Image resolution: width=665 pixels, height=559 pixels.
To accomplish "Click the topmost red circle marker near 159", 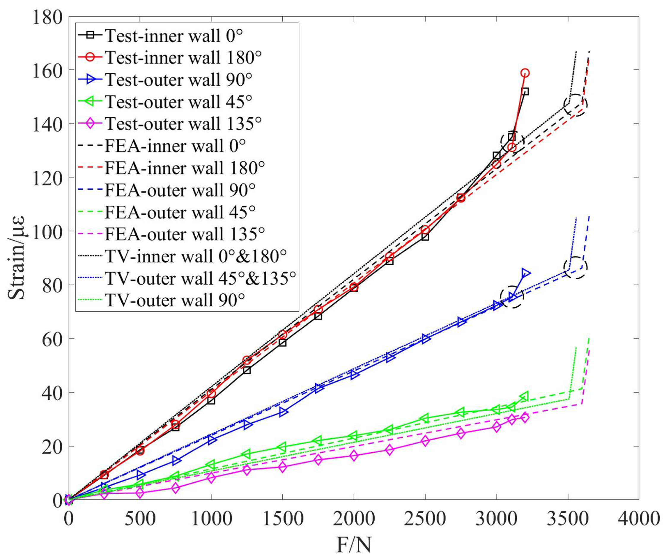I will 525,73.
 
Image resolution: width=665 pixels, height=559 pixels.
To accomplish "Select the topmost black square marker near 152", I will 525,92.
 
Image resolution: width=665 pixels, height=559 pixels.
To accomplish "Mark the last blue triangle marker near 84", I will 525,273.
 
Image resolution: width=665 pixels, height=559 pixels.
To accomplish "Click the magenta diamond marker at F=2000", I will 354,456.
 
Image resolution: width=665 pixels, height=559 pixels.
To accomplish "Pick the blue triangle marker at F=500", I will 140,475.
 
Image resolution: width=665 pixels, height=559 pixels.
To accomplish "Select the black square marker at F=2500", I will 425,237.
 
